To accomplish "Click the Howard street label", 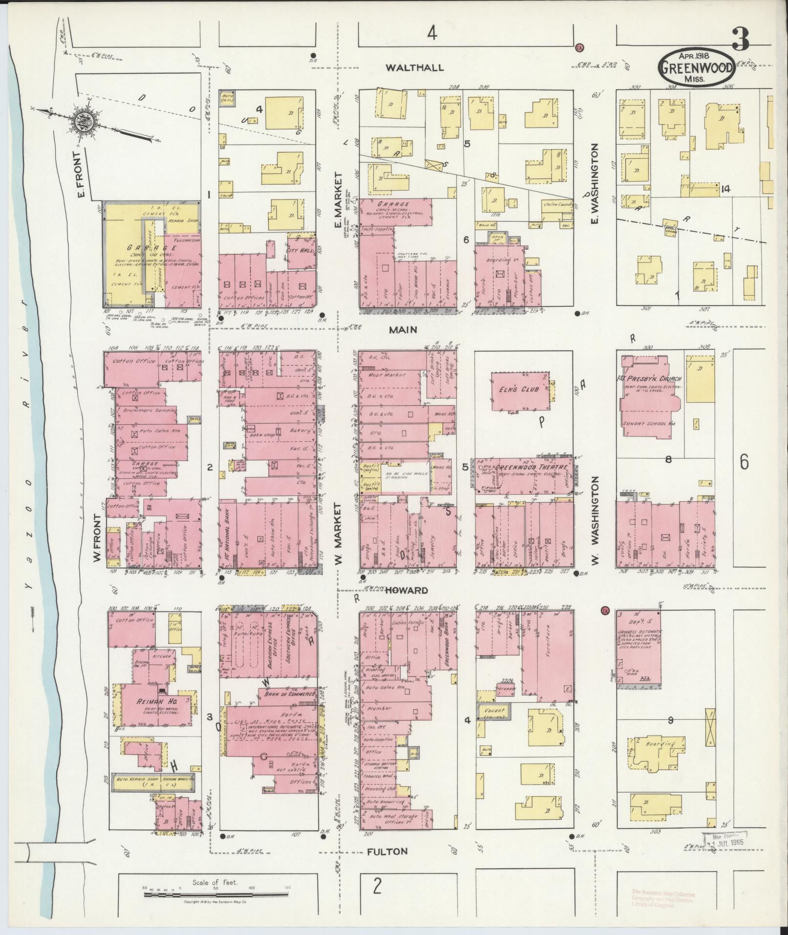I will [x=407, y=590].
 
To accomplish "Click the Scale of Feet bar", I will [x=215, y=894].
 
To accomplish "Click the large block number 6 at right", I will [x=744, y=462].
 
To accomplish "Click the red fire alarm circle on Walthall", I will [x=580, y=47].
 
